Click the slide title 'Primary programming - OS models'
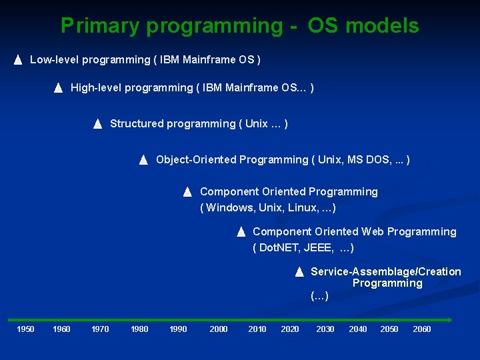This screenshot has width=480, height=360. pos(239,25)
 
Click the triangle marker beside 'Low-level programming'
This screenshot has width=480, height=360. pos(18,60)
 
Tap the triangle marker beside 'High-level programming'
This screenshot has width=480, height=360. pos(58,88)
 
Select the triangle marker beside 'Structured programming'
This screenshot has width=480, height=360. pos(97,124)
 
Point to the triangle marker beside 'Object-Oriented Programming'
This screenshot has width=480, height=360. pos(143,160)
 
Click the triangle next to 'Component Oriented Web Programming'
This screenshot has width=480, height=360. pos(241,232)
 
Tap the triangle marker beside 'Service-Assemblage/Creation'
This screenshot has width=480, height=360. pos(299,272)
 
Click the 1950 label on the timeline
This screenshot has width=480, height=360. pos(25,329)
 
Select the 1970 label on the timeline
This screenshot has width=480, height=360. pos(100,329)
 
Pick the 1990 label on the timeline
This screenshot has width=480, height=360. pos(178,329)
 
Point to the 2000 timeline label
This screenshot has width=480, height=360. pos(219,329)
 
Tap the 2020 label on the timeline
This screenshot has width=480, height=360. pos(290,329)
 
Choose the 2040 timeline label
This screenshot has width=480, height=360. pos(358,329)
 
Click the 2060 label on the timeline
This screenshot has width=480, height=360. pos(422,329)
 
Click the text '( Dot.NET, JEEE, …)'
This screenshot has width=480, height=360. pos(303,248)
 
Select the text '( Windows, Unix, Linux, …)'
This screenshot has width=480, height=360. pos(268,208)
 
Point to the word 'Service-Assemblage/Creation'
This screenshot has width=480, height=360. pos(385,272)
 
